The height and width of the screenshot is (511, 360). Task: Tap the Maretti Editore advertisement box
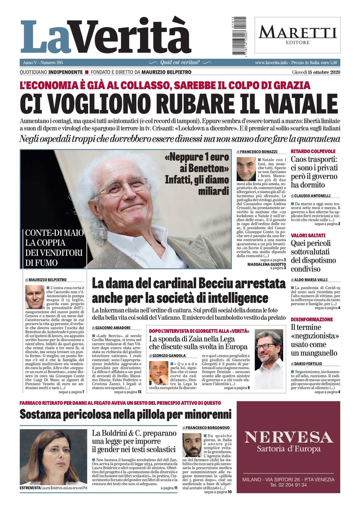click(297, 35)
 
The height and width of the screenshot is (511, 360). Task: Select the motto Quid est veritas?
click(180, 62)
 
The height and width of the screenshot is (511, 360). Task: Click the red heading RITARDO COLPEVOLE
click(313, 151)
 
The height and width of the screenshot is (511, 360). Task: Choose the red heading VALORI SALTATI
click(308, 235)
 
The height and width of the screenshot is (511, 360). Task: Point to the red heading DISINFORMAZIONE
click(312, 320)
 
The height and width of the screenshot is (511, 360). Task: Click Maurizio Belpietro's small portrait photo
click(35, 297)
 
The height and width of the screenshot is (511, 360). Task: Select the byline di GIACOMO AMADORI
click(111, 328)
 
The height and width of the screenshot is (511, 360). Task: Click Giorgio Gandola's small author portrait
click(159, 373)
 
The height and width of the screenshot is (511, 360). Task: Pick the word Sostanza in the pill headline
click(40, 414)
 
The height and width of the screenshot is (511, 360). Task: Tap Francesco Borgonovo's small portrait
click(192, 445)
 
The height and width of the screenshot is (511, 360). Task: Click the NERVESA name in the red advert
click(288, 437)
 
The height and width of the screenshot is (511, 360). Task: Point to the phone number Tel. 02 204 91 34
click(288, 485)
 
